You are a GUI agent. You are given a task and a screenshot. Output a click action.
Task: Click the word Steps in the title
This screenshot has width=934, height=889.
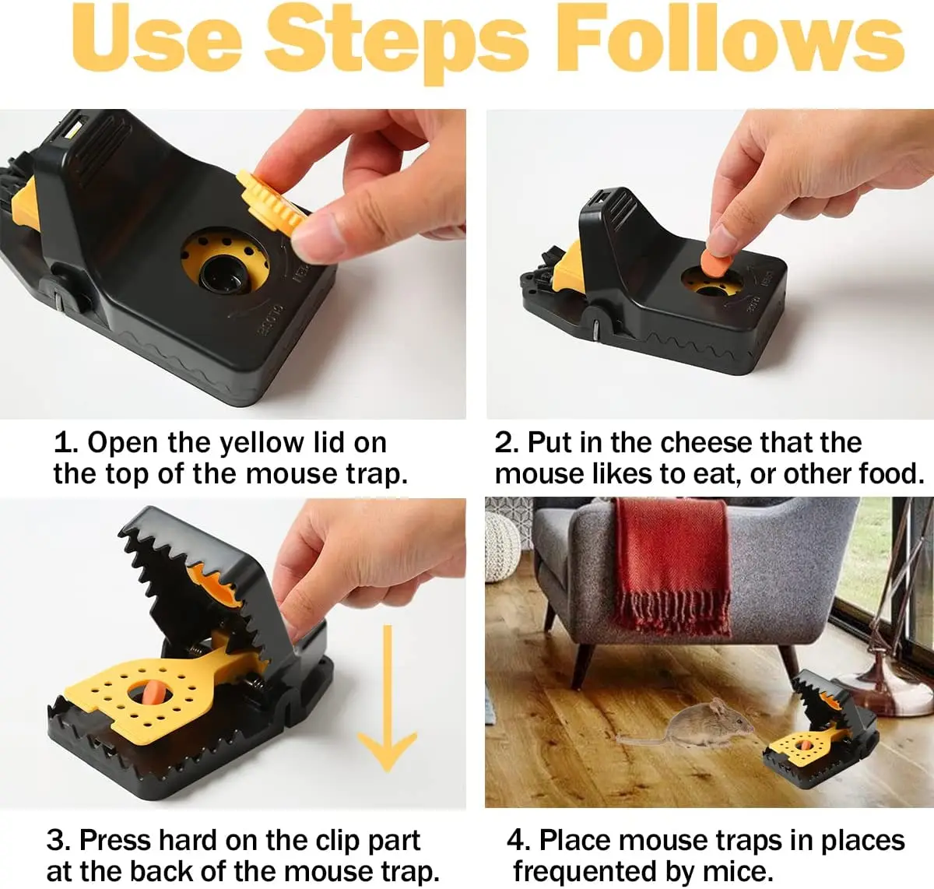(x=396, y=44)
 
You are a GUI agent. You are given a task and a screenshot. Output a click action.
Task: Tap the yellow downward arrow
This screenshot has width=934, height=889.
(x=387, y=698)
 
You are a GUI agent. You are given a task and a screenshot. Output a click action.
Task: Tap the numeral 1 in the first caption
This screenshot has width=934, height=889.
(x=63, y=443)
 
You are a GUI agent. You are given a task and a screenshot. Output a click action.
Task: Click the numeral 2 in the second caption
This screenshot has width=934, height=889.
(x=504, y=443)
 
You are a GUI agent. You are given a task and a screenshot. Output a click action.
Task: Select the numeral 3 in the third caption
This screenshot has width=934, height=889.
(x=56, y=840)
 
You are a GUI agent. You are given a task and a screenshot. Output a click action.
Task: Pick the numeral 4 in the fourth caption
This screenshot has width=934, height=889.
(x=516, y=840)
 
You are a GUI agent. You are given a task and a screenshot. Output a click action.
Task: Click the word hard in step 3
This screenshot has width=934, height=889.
(x=188, y=840)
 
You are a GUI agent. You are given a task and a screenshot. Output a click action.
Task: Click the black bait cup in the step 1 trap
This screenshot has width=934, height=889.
(x=223, y=275)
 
